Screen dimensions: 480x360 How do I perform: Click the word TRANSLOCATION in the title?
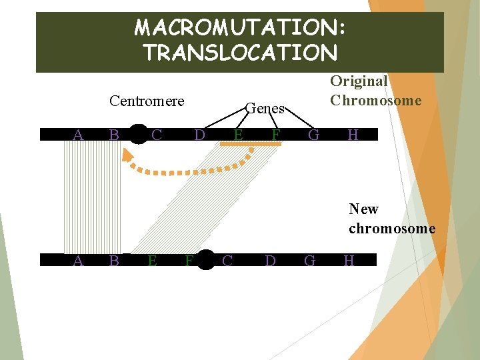(x=240, y=52)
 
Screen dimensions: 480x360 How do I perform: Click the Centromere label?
(x=147, y=101)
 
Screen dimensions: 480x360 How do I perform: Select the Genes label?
(x=265, y=108)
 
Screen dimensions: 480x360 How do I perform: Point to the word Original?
(x=359, y=81)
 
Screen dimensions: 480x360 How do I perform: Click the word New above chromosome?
(x=363, y=209)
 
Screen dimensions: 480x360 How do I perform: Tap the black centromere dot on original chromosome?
(x=138, y=135)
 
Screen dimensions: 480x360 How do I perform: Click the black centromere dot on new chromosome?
(x=206, y=260)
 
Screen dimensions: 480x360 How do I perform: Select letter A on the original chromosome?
(x=78, y=135)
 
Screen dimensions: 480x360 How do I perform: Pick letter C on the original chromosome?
(x=157, y=135)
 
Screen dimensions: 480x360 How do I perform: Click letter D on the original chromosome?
(x=199, y=135)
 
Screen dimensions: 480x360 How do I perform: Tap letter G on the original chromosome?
(x=314, y=135)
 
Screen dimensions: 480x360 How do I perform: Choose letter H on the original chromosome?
(x=353, y=135)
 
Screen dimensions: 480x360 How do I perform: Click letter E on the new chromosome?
(x=152, y=261)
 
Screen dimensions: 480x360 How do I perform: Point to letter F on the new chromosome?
(x=189, y=261)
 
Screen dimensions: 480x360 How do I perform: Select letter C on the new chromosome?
(x=227, y=260)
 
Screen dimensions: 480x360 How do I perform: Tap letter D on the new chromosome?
(x=270, y=260)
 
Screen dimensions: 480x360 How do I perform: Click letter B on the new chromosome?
(x=114, y=260)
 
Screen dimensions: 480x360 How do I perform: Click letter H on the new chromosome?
(x=349, y=260)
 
